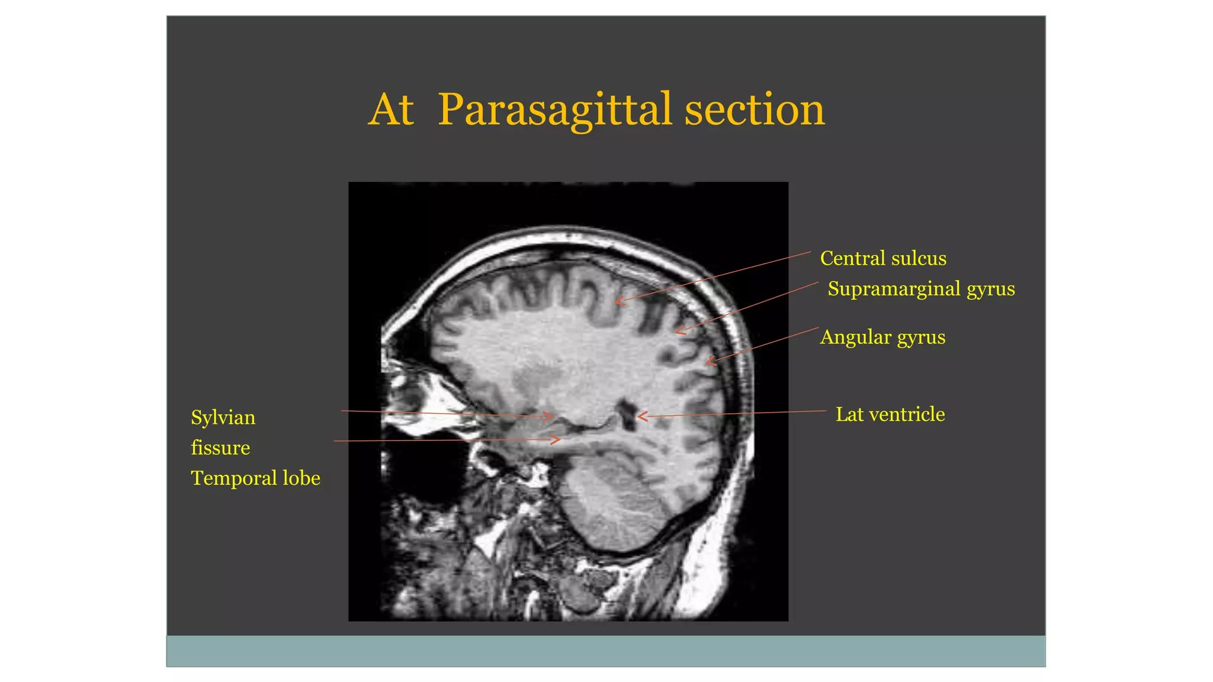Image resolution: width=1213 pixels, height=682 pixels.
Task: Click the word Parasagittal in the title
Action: tap(554, 110)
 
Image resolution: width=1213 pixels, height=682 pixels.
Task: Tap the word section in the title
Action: tap(754, 110)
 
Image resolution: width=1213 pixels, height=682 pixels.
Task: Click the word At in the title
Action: tap(390, 110)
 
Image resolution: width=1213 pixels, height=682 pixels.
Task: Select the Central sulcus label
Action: tap(883, 259)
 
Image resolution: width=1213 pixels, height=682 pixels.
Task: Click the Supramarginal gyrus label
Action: tap(920, 289)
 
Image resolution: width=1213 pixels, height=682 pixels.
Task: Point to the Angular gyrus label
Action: tap(882, 337)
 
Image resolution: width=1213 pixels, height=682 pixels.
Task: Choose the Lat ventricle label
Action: tap(890, 414)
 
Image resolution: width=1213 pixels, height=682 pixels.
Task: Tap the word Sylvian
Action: tap(223, 418)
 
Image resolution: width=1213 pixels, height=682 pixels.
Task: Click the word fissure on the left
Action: tap(220, 448)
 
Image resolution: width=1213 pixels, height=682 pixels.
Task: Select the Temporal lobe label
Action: tap(255, 478)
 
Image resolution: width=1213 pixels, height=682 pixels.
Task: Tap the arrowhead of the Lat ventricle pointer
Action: tap(640, 417)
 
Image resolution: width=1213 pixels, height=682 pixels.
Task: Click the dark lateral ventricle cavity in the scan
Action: tap(625, 412)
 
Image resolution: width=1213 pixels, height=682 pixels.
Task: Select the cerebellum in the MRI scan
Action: tap(613, 503)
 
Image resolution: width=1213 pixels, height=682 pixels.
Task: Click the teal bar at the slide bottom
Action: tap(605, 651)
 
